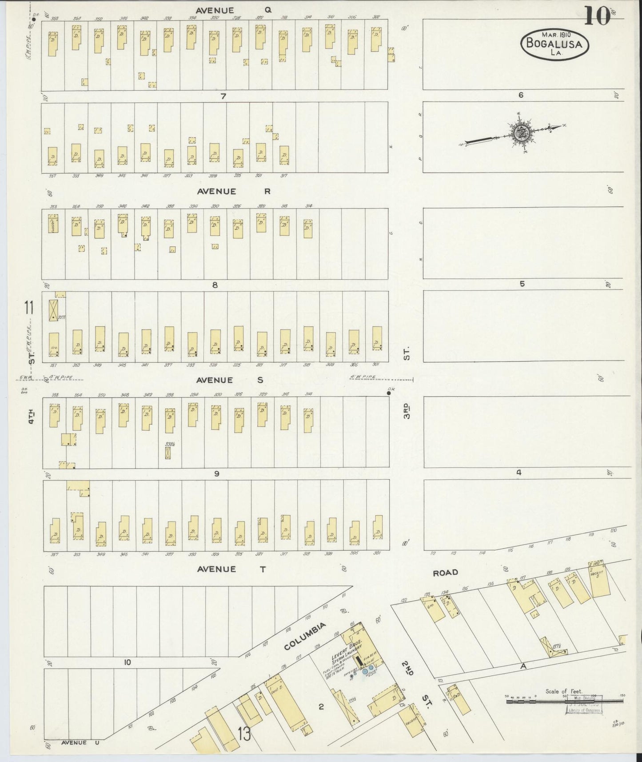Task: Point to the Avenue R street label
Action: tap(234, 192)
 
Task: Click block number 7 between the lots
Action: tap(223, 96)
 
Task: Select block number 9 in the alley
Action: tap(217, 474)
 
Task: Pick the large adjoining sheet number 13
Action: tap(244, 734)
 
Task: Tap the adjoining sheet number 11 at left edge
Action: tap(30, 308)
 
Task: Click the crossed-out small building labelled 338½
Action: tap(168, 453)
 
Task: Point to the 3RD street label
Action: tap(407, 410)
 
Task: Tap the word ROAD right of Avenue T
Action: tap(445, 573)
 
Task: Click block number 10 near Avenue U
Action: tap(128, 662)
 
